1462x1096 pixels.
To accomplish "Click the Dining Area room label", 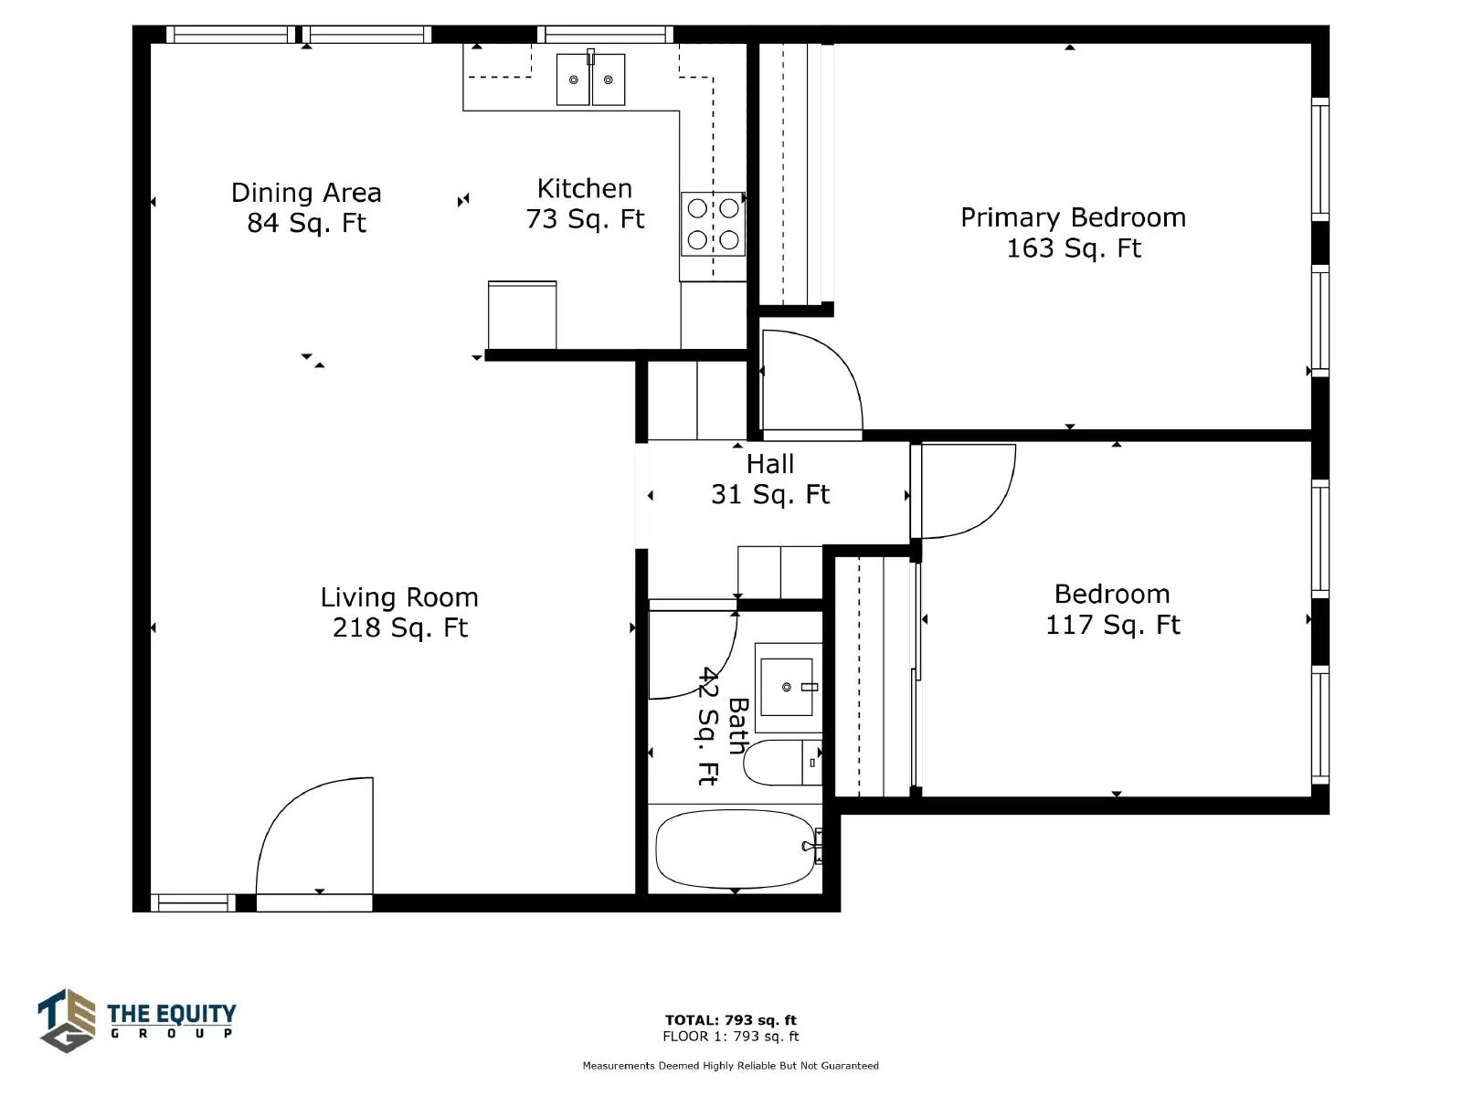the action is pyautogui.click(x=306, y=207).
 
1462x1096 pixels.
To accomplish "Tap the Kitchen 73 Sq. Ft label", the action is pyautogui.click(x=585, y=204).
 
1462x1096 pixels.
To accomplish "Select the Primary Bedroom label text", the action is pyautogui.click(x=1073, y=233).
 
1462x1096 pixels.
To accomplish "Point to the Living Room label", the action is pyautogui.click(x=399, y=612).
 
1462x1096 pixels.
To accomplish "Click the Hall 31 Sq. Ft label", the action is pyautogui.click(x=770, y=479).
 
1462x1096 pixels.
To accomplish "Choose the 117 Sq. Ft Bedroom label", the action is pyautogui.click(x=1112, y=609).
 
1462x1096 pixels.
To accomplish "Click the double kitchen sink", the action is pyautogui.click(x=591, y=79).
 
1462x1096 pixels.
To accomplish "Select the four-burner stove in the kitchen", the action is pyautogui.click(x=713, y=225).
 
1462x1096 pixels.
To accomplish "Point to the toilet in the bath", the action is pyautogui.click(x=782, y=763).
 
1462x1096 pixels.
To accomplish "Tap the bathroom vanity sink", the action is pyautogui.click(x=789, y=687).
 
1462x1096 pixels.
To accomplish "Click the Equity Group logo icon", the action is pyautogui.click(x=67, y=1021).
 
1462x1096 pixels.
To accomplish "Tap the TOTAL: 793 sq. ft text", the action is pyautogui.click(x=731, y=1020).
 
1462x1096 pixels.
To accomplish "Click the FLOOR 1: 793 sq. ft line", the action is pyautogui.click(x=731, y=1036).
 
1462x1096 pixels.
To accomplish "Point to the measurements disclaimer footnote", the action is pyautogui.click(x=731, y=1065).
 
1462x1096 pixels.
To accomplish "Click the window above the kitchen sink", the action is pyautogui.click(x=605, y=34).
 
